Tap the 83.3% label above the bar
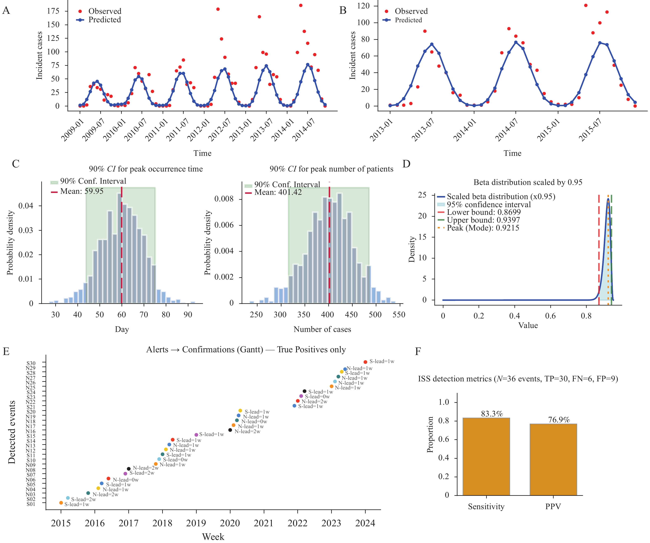point(492,414)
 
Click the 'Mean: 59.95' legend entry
point(82,191)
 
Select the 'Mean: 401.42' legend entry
point(278,192)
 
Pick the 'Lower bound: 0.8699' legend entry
point(483,212)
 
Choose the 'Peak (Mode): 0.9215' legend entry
point(483,228)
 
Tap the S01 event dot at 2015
point(61,503)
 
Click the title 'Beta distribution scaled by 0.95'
point(528,182)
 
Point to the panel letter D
point(407,164)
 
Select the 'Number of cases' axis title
point(322,329)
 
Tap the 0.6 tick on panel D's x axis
point(550,316)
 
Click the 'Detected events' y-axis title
point(12,432)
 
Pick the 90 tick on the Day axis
point(188,315)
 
